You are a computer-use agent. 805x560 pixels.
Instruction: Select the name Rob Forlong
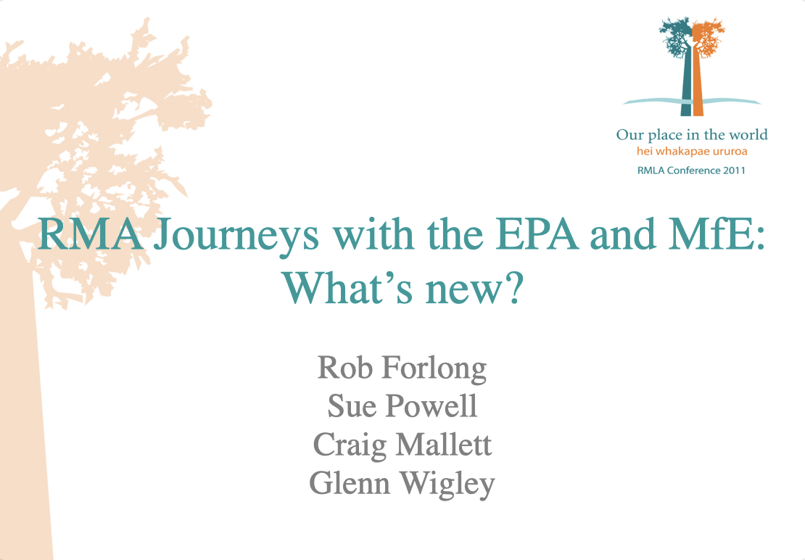click(402, 368)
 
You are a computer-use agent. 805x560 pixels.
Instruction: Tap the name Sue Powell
click(402, 406)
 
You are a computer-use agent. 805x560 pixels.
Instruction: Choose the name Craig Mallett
click(402, 444)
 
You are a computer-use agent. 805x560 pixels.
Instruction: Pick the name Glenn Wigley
click(402, 482)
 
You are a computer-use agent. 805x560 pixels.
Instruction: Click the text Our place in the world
click(691, 135)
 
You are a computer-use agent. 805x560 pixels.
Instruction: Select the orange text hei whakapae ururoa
click(691, 152)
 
